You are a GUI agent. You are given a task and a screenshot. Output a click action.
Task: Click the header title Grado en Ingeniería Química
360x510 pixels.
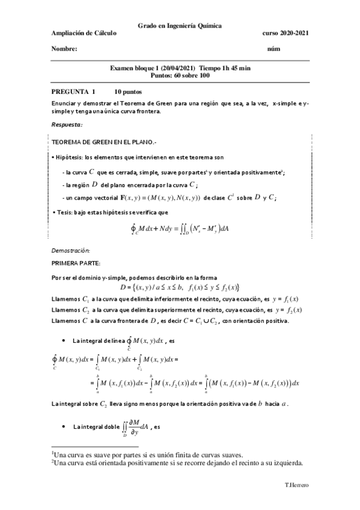(x=179, y=26)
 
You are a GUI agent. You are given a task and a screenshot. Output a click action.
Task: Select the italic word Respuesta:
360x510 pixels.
(x=67, y=124)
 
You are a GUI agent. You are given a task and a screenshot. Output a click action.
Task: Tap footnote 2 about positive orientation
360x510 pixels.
(x=177, y=463)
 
